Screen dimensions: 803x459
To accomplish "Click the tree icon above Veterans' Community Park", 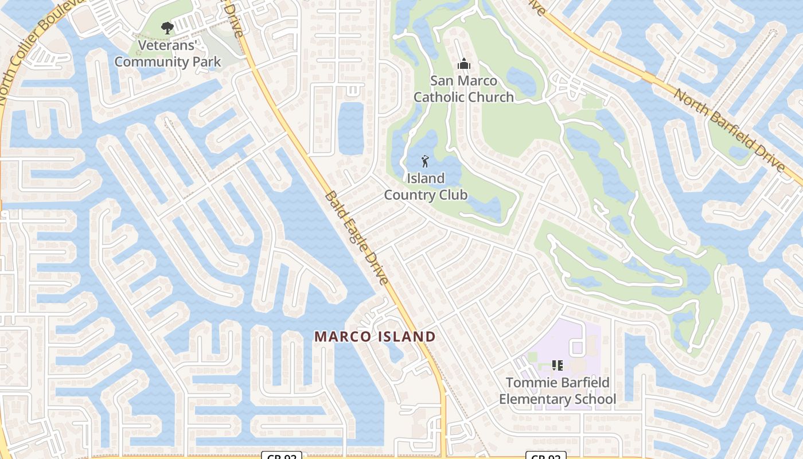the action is coord(167,28).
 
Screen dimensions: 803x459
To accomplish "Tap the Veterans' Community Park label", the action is coord(167,53).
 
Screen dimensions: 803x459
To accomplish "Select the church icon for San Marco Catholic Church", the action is coord(463,64).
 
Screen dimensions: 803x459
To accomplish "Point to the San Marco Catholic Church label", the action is coord(463,89).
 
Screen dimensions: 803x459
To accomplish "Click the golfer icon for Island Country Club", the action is coord(425,161).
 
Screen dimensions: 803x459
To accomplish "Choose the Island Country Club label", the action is coord(426,186).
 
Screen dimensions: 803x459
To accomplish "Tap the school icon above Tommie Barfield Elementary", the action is coord(557,365).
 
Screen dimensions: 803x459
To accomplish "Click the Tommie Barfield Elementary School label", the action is coord(558,391).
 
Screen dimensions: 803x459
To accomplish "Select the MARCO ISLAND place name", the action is coord(375,337).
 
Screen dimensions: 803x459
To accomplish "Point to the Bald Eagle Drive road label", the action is coord(357,236).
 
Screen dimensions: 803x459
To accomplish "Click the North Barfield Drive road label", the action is coord(729,130).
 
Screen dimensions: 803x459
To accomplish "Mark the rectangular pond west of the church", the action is coord(350,128).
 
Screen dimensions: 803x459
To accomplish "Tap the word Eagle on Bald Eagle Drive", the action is coord(357,237).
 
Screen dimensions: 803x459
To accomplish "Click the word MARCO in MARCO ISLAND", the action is coord(342,337).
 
